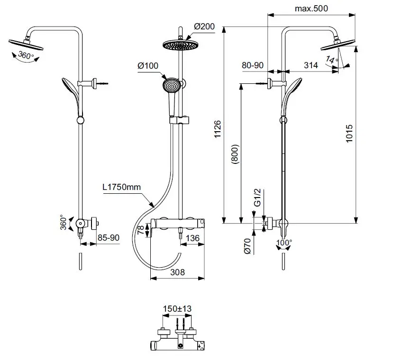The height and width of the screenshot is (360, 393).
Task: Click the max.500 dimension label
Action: tap(311, 8)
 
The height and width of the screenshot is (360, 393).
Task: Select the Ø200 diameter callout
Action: tap(204, 27)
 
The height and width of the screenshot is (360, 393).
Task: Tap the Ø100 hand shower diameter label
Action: tap(148, 65)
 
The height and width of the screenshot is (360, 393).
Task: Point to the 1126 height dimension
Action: tap(218, 129)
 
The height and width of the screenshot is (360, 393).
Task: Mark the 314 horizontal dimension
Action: tap(310, 66)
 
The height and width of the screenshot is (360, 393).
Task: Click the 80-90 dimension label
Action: tap(253, 66)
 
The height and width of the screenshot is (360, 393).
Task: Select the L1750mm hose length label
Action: tap(122, 187)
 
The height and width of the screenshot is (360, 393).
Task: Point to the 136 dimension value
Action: tap(192, 238)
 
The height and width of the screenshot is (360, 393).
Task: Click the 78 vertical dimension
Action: tap(141, 231)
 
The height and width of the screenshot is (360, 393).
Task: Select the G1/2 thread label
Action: tap(258, 197)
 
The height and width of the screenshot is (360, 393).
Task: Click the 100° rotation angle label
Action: tap(284, 243)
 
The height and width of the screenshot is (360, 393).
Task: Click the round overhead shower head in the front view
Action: tap(179, 45)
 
